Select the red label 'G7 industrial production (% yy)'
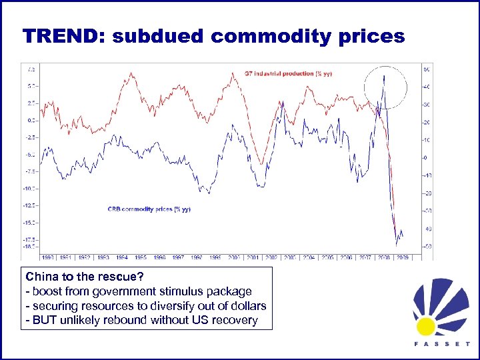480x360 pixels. (x=288, y=73)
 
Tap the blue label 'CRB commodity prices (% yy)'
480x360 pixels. (x=149, y=209)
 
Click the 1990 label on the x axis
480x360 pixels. (x=48, y=256)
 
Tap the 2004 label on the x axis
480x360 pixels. (x=308, y=256)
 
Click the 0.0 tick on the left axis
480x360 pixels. (x=31, y=121)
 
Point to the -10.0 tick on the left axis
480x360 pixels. (x=29, y=189)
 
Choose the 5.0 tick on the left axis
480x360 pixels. (x=31, y=86)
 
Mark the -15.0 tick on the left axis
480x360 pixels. (x=29, y=223)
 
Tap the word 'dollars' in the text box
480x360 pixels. (x=247, y=306)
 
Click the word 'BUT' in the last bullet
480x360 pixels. (x=44, y=321)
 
